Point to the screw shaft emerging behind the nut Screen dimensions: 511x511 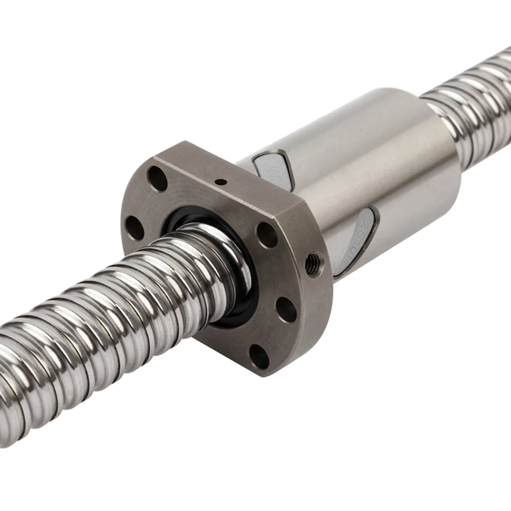tap(473, 115)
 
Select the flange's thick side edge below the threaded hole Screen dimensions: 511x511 tap(319, 307)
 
